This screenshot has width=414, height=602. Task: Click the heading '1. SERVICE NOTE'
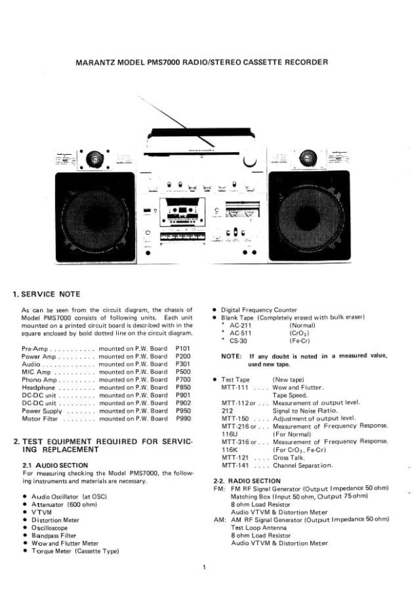click(x=46, y=295)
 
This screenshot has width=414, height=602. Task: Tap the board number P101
click(x=183, y=349)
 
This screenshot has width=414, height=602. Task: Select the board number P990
click(x=183, y=419)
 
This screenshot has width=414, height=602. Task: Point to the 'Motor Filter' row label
click(x=39, y=419)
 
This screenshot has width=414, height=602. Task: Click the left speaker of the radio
click(x=95, y=217)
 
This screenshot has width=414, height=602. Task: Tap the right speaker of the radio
click(x=309, y=216)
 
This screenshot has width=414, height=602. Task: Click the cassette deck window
click(x=183, y=212)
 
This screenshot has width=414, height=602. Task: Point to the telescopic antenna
click(x=176, y=121)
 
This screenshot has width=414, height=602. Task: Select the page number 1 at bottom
click(x=204, y=567)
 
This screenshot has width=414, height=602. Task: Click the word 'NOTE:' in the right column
click(x=231, y=356)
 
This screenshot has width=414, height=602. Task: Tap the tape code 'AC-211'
click(x=240, y=325)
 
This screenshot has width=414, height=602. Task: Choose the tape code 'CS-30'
click(x=238, y=341)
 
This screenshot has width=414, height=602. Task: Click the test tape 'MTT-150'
click(x=235, y=419)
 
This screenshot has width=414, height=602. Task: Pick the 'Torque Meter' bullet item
click(x=75, y=551)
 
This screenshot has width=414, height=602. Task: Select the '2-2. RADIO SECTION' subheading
click(x=247, y=481)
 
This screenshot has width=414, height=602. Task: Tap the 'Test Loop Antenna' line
click(x=259, y=527)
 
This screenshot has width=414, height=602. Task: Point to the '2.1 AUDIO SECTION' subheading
click(x=55, y=466)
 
